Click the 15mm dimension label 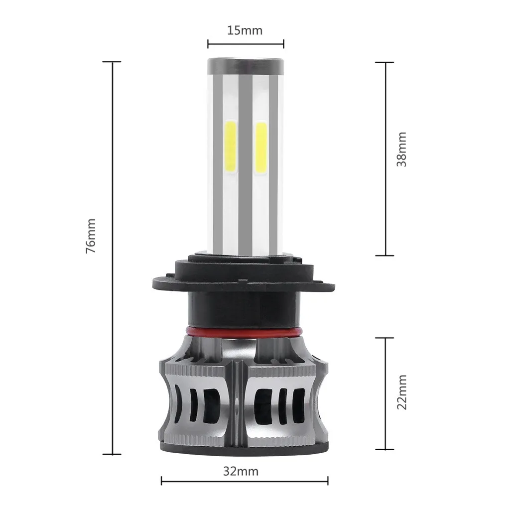tap(245, 30)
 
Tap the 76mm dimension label tap(91, 236)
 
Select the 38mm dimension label tap(402, 149)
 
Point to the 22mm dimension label tap(402, 392)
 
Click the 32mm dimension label tap(241, 471)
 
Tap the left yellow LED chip tap(231, 147)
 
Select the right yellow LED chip tap(261, 147)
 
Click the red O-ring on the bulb tap(244, 332)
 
